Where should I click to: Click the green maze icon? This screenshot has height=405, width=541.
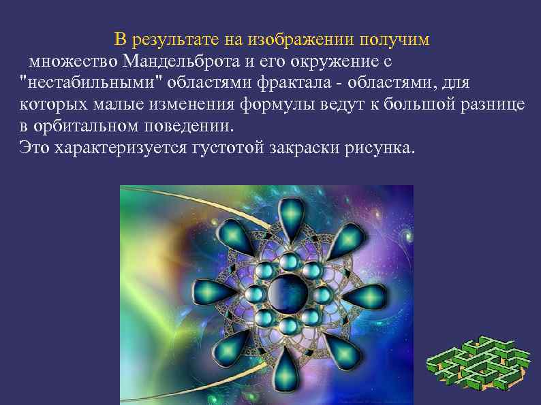coord(478,364)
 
